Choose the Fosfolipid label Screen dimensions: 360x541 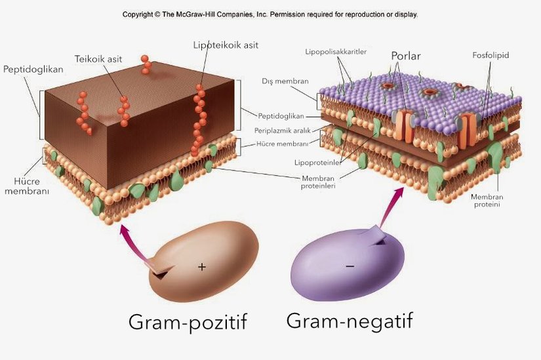coord(491,56)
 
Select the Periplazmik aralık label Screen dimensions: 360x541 coord(287,130)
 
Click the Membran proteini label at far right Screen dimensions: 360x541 coord(488,200)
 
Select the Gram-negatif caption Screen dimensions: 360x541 coord(350,321)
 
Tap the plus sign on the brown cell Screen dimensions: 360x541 coord(202,267)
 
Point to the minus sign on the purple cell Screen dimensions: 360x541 coord(350,266)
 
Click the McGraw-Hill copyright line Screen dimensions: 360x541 coord(270,14)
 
